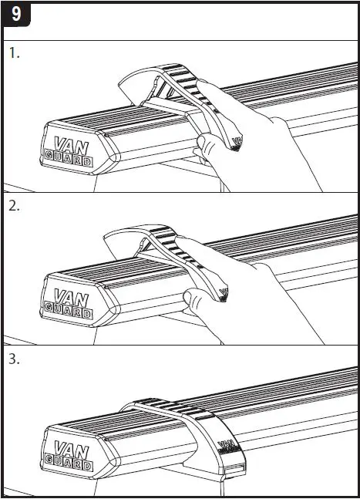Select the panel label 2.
point(15,206)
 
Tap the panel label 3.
point(15,359)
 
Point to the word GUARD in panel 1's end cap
point(69,162)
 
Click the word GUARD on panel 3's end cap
point(69,467)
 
